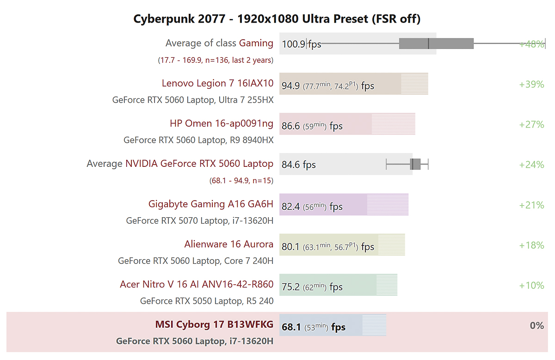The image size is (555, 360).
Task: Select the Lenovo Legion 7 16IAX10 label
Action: coord(217,84)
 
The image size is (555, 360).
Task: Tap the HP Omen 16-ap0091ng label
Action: coord(222,124)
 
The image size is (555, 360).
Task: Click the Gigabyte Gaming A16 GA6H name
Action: coord(211,204)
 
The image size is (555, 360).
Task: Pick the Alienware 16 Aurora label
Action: coord(228,244)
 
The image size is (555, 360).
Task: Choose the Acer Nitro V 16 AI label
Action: coord(197,285)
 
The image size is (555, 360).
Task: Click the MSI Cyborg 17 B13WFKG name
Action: coord(214,325)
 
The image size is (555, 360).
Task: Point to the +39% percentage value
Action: coord(531,84)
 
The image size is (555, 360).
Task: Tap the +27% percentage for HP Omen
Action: coord(531,124)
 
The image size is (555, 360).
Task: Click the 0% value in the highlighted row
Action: coord(536,326)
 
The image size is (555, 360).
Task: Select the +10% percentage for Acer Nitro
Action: coord(531,286)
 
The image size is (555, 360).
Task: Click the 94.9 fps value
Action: coord(290,86)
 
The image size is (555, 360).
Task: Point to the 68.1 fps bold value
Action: coord(291,327)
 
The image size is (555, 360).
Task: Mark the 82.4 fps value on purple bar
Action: coord(290,207)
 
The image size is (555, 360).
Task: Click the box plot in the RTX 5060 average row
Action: coord(415,164)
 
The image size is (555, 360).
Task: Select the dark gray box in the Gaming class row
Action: coord(436,43)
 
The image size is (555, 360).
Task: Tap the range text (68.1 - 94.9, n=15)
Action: coord(241,181)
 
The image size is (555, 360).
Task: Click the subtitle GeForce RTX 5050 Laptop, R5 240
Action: coord(207,301)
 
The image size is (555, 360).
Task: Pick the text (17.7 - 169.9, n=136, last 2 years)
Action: coord(216,60)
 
